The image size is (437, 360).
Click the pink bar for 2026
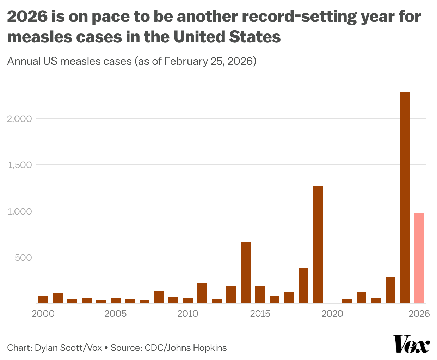tap(419, 258)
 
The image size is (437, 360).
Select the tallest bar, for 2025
tap(405, 198)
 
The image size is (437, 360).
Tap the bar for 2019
tap(318, 244)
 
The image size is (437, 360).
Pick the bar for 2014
tap(246, 272)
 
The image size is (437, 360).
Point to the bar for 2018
tap(303, 286)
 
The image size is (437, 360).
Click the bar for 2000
tap(43, 299)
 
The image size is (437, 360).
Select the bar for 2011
tap(202, 293)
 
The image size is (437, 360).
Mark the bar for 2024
tap(390, 290)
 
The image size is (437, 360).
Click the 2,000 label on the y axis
tap(19, 119)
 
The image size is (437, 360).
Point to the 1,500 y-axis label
tap(20, 165)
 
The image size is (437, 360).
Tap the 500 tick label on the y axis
tap(24, 257)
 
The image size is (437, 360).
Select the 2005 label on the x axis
tap(116, 314)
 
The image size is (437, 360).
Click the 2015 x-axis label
tap(260, 314)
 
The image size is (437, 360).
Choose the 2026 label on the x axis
tap(419, 314)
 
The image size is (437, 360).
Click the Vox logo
tap(412, 345)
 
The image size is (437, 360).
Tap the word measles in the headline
tap(32, 37)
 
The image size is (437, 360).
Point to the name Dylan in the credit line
tap(48, 348)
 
